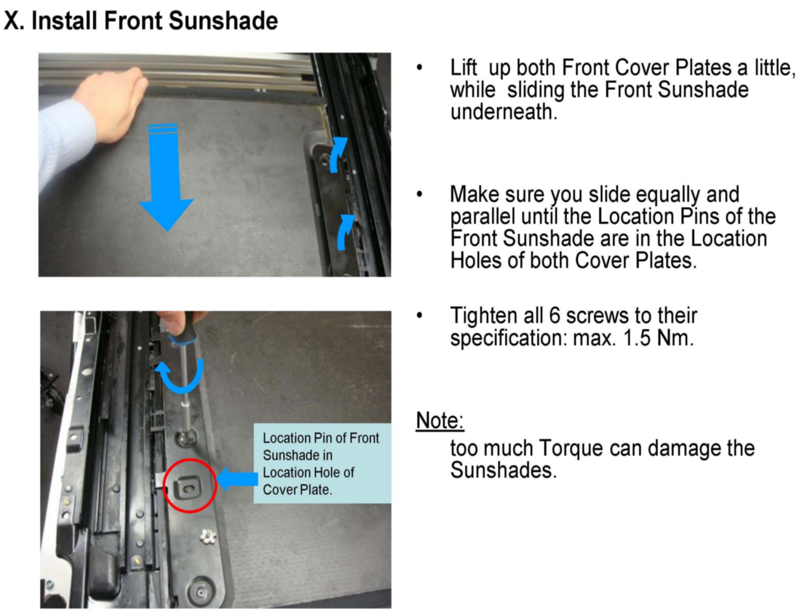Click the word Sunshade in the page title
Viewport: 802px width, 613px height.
[x=223, y=21]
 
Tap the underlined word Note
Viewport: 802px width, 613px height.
[x=440, y=421]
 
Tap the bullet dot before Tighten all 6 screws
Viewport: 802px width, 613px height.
[x=420, y=315]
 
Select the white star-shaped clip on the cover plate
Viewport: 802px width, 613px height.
[x=208, y=536]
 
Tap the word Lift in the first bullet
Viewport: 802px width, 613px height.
[x=464, y=67]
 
